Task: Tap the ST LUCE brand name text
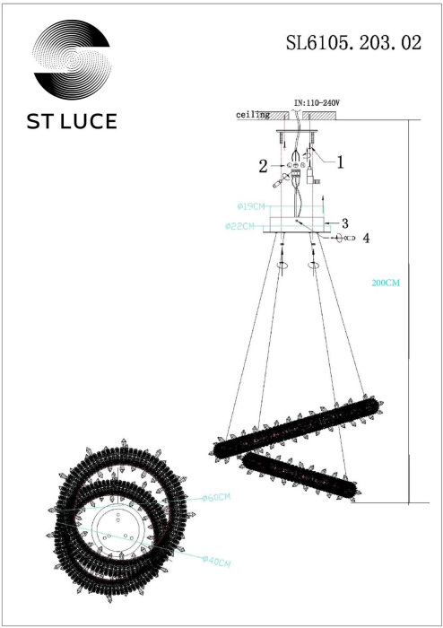pos(72,122)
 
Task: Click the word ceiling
pos(252,116)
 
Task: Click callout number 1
pos(341,161)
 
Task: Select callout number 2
pos(264,166)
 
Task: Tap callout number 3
pos(343,222)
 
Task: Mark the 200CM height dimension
pos(385,282)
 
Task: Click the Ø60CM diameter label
pos(215,497)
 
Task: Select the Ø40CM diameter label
pos(215,563)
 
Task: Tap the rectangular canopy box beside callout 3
pos(300,222)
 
